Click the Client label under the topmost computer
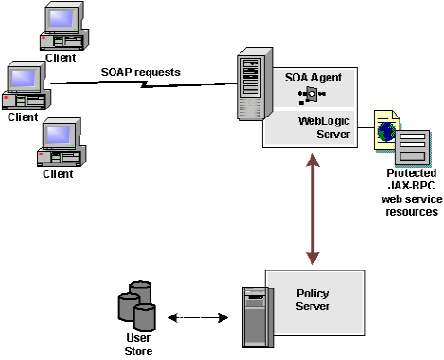[60, 57]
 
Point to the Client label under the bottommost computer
[58, 174]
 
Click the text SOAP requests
[139, 73]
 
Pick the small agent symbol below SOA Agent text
[311, 94]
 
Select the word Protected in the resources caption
[412, 173]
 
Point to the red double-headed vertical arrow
[311, 204]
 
